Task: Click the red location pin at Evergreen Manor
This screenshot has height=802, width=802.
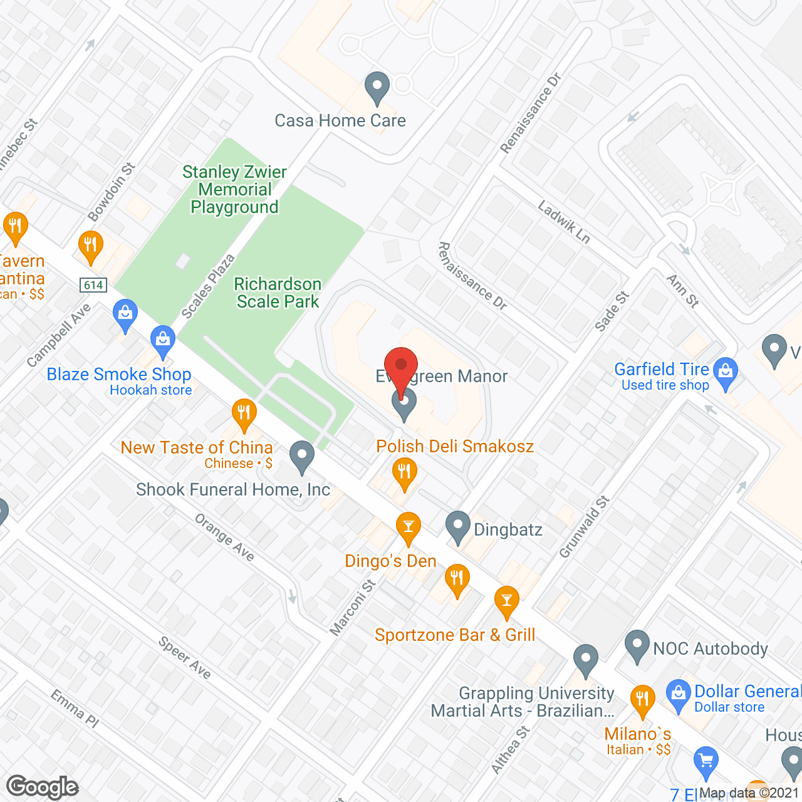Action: point(401,367)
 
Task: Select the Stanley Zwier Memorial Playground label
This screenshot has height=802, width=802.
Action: point(234,189)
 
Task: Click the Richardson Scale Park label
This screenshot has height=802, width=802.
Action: point(278,293)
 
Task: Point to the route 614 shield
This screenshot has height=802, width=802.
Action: point(93,285)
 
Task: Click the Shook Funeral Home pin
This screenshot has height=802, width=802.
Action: point(302,457)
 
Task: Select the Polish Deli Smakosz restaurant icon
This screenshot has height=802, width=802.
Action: point(404,473)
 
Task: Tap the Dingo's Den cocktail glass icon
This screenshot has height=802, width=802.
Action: point(409,527)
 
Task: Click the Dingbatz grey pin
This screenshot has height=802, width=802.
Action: point(458,527)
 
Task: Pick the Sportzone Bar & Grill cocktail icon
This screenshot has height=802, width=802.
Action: point(506,601)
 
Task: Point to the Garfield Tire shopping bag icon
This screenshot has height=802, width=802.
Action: point(726,372)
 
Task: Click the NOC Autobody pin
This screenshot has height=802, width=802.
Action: point(637,645)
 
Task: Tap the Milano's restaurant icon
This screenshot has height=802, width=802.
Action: point(642,700)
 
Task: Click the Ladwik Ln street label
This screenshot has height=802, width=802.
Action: point(564,221)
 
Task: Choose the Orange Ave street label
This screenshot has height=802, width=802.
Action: point(224,538)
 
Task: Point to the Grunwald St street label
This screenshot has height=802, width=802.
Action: point(584,526)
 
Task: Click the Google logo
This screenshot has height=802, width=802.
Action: point(43,787)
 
